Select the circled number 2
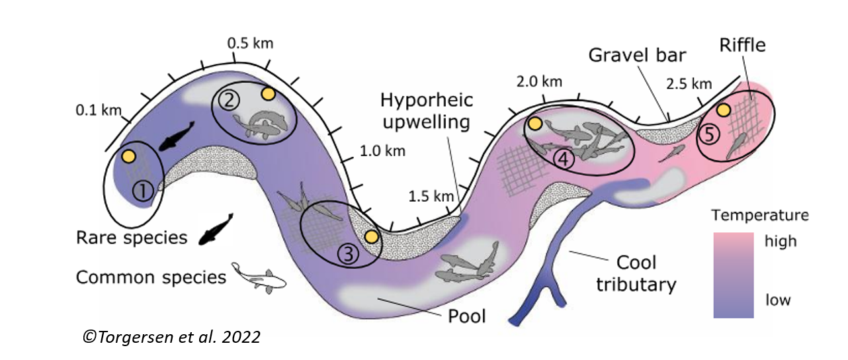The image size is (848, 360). point(228,100)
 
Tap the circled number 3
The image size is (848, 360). point(350,252)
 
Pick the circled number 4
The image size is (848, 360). point(563,159)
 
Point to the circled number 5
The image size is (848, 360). point(709,135)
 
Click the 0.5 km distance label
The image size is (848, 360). point(250,44)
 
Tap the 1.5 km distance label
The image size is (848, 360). point(431,196)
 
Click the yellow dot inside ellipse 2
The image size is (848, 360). point(268,94)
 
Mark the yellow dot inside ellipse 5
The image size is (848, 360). point(724,110)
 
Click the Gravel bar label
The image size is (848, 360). point(638,54)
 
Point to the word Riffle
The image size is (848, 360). point(742,45)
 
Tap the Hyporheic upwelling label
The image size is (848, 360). point(427,111)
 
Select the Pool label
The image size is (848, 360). point(467,316)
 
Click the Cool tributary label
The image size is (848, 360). point(636,273)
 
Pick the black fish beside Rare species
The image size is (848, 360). point(216,229)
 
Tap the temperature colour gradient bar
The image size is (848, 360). point(734,275)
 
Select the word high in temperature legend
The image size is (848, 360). point(781,241)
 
